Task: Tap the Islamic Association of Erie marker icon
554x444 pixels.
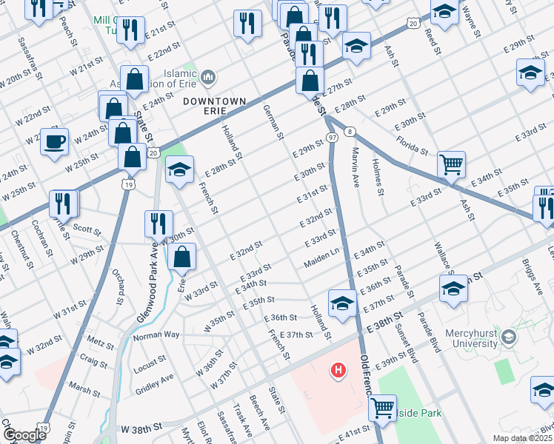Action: (208, 77)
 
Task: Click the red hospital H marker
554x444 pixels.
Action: (338, 369)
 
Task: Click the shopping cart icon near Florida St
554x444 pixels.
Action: (451, 164)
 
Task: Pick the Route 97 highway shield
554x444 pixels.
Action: (332, 138)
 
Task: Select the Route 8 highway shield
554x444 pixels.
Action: (349, 131)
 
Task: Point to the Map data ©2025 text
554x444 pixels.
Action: (521, 438)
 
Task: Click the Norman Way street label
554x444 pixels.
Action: (156, 335)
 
